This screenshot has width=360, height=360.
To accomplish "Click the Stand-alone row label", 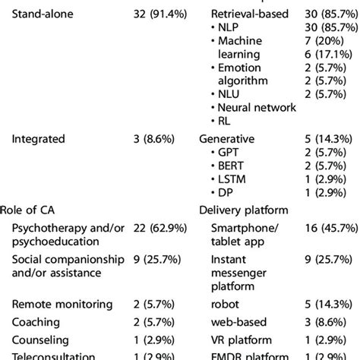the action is click(43, 14).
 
